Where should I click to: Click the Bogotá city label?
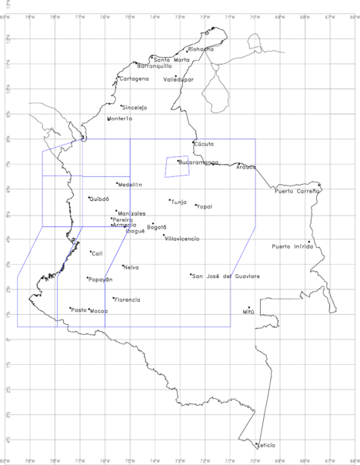157,227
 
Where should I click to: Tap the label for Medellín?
131,185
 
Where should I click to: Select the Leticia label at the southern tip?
266,446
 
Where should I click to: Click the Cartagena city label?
134,79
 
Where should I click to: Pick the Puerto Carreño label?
297,191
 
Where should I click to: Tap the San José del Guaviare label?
226,276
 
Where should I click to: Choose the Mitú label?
248,313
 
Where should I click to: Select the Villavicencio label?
182,239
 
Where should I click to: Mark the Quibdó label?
99,199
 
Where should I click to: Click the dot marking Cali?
91,252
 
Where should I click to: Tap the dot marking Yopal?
195,205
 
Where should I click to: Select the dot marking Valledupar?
175,75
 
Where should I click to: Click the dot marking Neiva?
123,266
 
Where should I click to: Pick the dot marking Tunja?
170,200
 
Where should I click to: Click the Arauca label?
246,167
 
